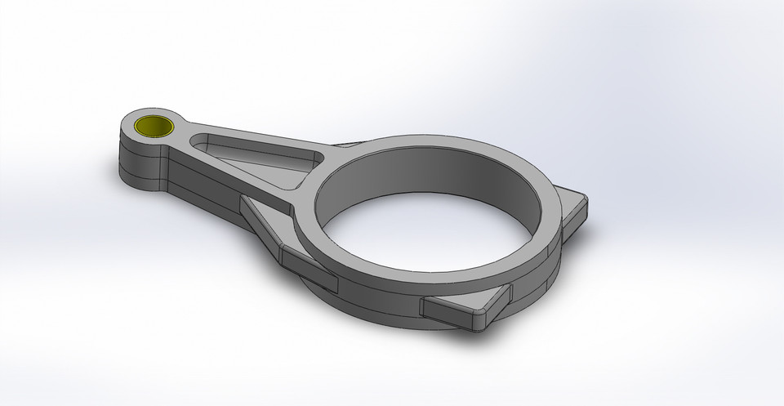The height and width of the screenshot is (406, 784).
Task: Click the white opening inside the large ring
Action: point(433,237)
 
